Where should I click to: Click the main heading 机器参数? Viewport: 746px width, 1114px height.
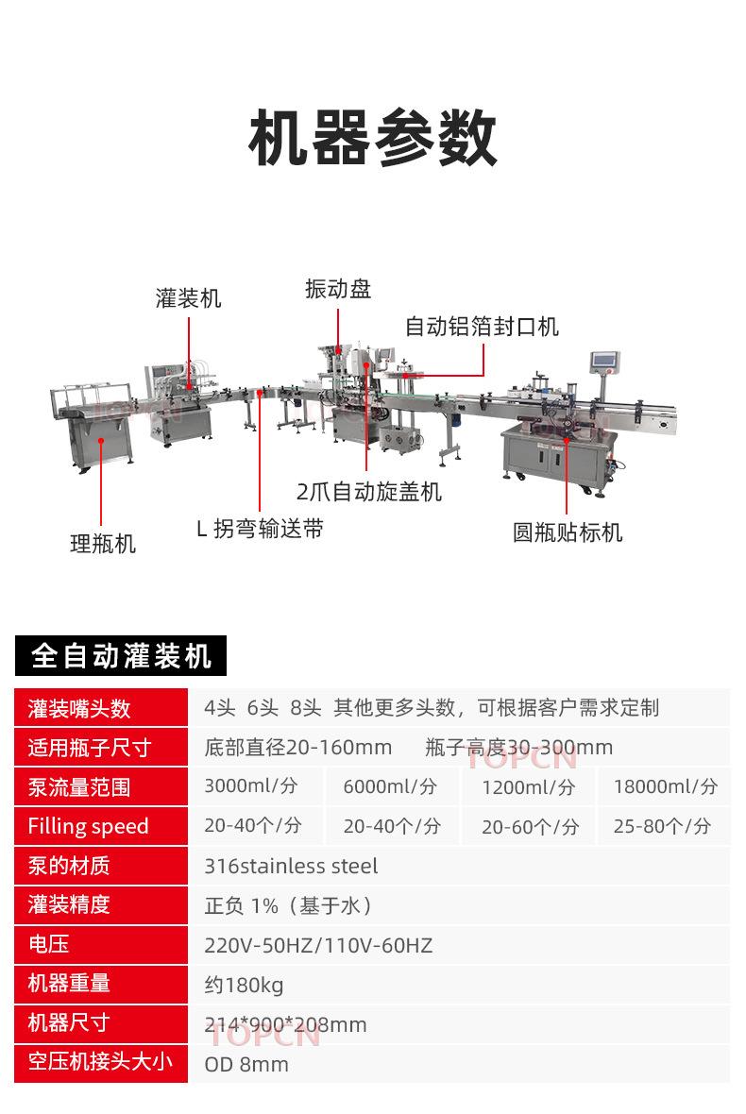tap(373, 139)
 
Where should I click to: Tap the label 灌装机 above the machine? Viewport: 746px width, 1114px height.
tap(189, 298)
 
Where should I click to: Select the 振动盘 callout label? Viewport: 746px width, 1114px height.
tap(338, 289)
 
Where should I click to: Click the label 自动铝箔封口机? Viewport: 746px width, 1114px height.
tap(482, 327)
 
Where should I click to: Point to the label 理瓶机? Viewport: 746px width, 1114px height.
tap(103, 544)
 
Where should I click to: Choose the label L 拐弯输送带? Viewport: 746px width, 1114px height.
tap(260, 530)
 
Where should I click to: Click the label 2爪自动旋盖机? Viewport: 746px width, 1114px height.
tap(368, 492)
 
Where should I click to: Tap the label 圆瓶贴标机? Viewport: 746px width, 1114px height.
tap(568, 532)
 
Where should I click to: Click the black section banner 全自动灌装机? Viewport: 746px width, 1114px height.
tap(121, 655)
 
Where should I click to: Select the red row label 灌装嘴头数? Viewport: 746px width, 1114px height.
tap(79, 708)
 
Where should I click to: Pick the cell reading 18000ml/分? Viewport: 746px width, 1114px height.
tap(665, 786)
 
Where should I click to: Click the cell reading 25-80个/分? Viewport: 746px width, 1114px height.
tap(662, 826)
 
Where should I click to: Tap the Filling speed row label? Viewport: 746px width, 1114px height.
tap(88, 827)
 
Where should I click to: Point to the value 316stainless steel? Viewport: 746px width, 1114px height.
tap(291, 866)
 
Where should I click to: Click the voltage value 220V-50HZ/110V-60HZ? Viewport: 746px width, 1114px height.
tap(318, 945)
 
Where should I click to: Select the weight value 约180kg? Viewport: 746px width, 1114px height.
tap(244, 985)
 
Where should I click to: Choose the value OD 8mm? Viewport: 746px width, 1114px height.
tap(246, 1064)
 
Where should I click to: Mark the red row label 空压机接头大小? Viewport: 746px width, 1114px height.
tap(100, 1061)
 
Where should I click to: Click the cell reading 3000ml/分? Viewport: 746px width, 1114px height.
tap(251, 786)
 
